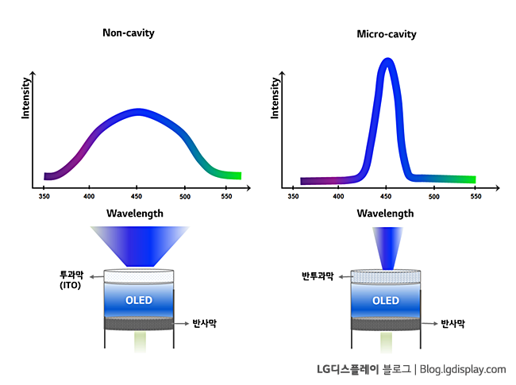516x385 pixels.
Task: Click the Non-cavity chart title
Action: [129, 33]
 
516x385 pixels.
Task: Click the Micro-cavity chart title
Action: [387, 34]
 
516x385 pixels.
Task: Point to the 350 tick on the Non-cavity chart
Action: [46, 194]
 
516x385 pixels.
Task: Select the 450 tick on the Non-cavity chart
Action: [137, 194]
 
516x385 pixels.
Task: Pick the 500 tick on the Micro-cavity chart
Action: [434, 194]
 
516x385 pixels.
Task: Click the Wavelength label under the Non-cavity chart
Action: [135, 213]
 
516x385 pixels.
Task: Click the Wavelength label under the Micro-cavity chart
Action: [385, 213]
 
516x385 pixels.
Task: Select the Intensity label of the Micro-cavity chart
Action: [275, 98]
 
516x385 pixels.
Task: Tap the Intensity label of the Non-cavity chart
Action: [25, 98]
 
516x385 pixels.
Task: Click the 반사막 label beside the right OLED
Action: [452, 324]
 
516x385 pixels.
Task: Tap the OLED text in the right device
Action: [386, 301]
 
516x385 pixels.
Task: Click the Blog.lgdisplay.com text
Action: [463, 369]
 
